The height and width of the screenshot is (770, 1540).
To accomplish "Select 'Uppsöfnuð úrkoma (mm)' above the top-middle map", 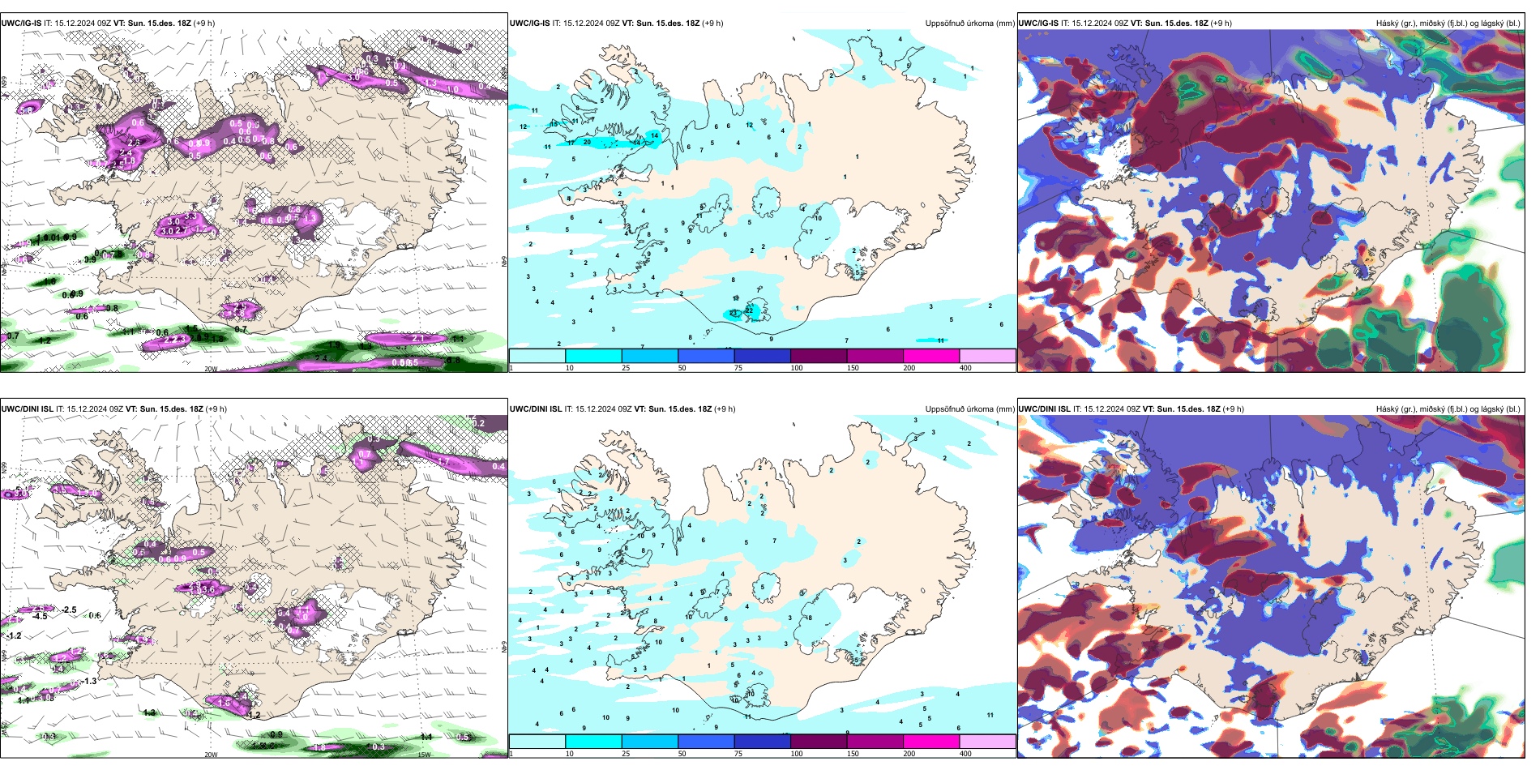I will click(x=969, y=24).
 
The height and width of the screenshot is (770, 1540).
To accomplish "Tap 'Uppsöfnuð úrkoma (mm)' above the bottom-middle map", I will click(x=969, y=409).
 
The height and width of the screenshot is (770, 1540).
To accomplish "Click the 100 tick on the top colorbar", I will click(x=797, y=368).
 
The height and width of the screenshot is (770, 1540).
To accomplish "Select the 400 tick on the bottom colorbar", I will click(x=965, y=754).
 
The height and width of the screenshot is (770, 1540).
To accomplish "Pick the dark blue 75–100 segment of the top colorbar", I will click(x=762, y=356).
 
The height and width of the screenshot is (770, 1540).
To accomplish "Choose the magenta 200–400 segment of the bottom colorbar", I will click(x=931, y=742).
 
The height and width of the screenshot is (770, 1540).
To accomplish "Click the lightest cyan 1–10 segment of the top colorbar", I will click(x=537, y=356).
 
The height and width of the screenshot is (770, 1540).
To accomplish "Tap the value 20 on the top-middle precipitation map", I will click(x=587, y=142).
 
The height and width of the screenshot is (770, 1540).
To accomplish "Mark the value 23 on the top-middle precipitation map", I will click(x=734, y=313).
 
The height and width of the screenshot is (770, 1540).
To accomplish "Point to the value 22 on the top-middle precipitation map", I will click(x=749, y=310).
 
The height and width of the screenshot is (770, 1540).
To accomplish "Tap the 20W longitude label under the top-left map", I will click(x=211, y=369).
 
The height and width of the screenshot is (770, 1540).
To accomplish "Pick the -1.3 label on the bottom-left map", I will click(x=88, y=681).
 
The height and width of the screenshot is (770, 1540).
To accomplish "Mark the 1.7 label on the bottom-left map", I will click(x=443, y=461).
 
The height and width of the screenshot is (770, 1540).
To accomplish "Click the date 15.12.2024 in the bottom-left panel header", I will click(x=88, y=409).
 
